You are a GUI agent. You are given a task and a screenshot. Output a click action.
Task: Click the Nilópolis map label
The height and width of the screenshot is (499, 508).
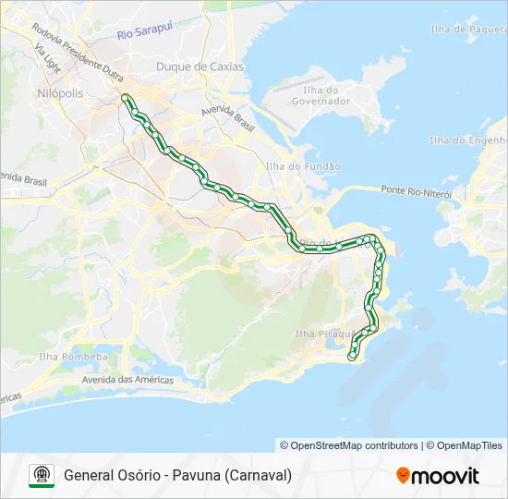[60, 93]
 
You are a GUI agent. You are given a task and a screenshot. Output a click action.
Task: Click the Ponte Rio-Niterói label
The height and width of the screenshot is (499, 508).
[416, 192]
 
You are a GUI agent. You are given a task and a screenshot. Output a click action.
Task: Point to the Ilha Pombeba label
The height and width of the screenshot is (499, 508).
[74, 357]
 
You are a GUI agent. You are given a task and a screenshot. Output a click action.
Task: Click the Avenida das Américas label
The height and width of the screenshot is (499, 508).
[128, 380]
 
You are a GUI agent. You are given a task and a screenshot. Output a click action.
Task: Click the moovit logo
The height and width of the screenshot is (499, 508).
[438, 476]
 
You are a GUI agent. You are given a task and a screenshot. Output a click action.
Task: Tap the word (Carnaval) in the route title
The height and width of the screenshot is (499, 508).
[259, 476]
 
